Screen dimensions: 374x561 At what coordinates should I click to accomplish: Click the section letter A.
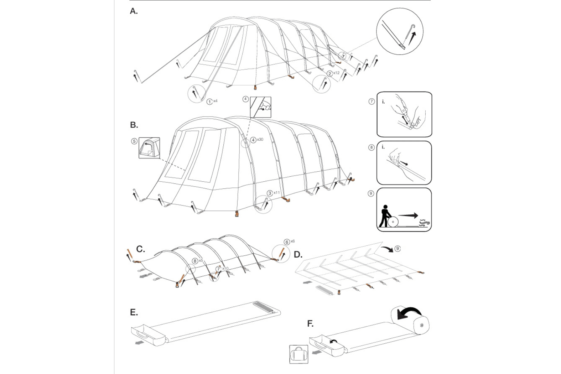[x=134, y=11]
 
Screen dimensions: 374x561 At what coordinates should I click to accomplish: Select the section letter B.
[x=134, y=125]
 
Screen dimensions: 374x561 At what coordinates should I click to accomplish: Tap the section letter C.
[x=141, y=249]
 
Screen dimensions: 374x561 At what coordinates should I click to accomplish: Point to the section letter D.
[x=298, y=255]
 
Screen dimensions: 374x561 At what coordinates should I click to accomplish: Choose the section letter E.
[x=134, y=312]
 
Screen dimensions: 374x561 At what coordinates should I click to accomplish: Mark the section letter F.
[x=310, y=324]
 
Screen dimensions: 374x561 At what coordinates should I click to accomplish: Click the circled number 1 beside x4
[x=209, y=102]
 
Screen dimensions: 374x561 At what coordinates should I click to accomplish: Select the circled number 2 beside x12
[x=330, y=74]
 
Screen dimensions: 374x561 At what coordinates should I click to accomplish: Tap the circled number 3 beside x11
[x=270, y=193]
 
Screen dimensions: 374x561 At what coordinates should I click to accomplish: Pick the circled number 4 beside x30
[x=253, y=140]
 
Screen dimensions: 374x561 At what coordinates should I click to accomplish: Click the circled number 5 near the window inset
[x=134, y=141]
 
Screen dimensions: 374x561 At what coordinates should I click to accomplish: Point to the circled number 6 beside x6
[x=287, y=242]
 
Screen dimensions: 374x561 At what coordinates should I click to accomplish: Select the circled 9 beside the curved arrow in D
[x=398, y=249]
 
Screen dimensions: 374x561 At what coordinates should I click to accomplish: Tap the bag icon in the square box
[x=299, y=354]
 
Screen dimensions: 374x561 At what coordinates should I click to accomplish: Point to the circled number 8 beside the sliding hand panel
[x=372, y=147]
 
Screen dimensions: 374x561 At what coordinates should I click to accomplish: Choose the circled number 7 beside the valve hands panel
[x=372, y=102]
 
